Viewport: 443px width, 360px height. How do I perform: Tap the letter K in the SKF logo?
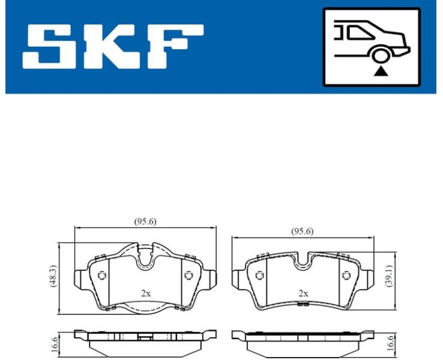click(x=112, y=46)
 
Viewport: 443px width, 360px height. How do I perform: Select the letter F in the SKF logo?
click(x=174, y=46)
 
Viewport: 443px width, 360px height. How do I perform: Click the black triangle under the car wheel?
click(x=380, y=71)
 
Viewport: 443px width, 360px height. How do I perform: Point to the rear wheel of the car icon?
click(x=380, y=56)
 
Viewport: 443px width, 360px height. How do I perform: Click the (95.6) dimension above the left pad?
click(x=145, y=221)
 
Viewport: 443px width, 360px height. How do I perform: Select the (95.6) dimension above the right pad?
click(x=302, y=231)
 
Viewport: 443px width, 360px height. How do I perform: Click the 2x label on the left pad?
click(x=145, y=293)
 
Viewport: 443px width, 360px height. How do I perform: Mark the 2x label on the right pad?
click(x=303, y=293)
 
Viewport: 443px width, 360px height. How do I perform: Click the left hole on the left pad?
click(x=101, y=275)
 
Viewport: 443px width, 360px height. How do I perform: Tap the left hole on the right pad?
click(x=259, y=275)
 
